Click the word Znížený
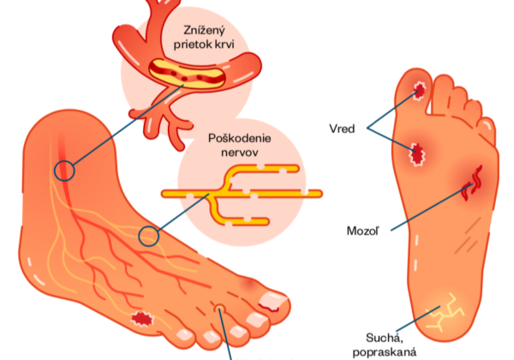pyautogui.click(x=204, y=31)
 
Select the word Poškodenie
pyautogui.click(x=240, y=138)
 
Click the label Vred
pyautogui.click(x=342, y=129)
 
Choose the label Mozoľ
pyautogui.click(x=363, y=231)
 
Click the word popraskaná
pyautogui.click(x=385, y=352)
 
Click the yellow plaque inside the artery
pyautogui.click(x=187, y=74)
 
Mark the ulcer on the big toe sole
pyautogui.click(x=419, y=90)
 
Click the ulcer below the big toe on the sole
pyautogui.click(x=416, y=154)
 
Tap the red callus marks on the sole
pyautogui.click(x=472, y=183)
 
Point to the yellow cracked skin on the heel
pyautogui.click(x=445, y=311)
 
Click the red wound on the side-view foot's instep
pyautogui.click(x=142, y=318)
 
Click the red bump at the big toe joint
pyautogui.click(x=248, y=284)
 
